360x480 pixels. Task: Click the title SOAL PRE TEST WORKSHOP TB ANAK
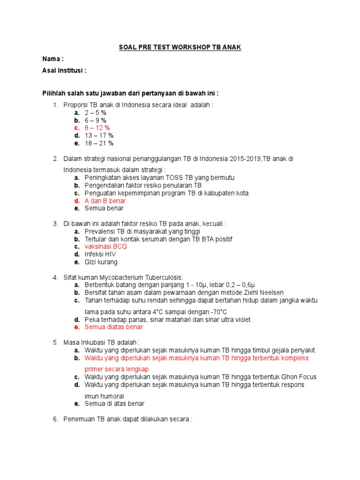click(180, 48)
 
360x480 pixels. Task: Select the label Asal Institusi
click(64, 71)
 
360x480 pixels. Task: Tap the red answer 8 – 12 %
click(97, 128)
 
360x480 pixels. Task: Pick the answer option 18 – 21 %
click(99, 143)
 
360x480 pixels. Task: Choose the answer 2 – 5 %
click(96, 113)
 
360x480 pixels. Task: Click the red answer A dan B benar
click(105, 201)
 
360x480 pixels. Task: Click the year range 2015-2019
click(246, 159)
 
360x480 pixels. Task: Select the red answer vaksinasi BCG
click(105, 247)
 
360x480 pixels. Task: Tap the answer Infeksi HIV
click(100, 254)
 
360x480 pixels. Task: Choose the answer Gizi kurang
click(101, 262)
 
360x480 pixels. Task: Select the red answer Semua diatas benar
click(113, 327)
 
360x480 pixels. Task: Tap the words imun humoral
click(104, 396)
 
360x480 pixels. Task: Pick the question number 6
click(55, 419)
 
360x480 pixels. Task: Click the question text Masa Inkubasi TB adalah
click(101, 342)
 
